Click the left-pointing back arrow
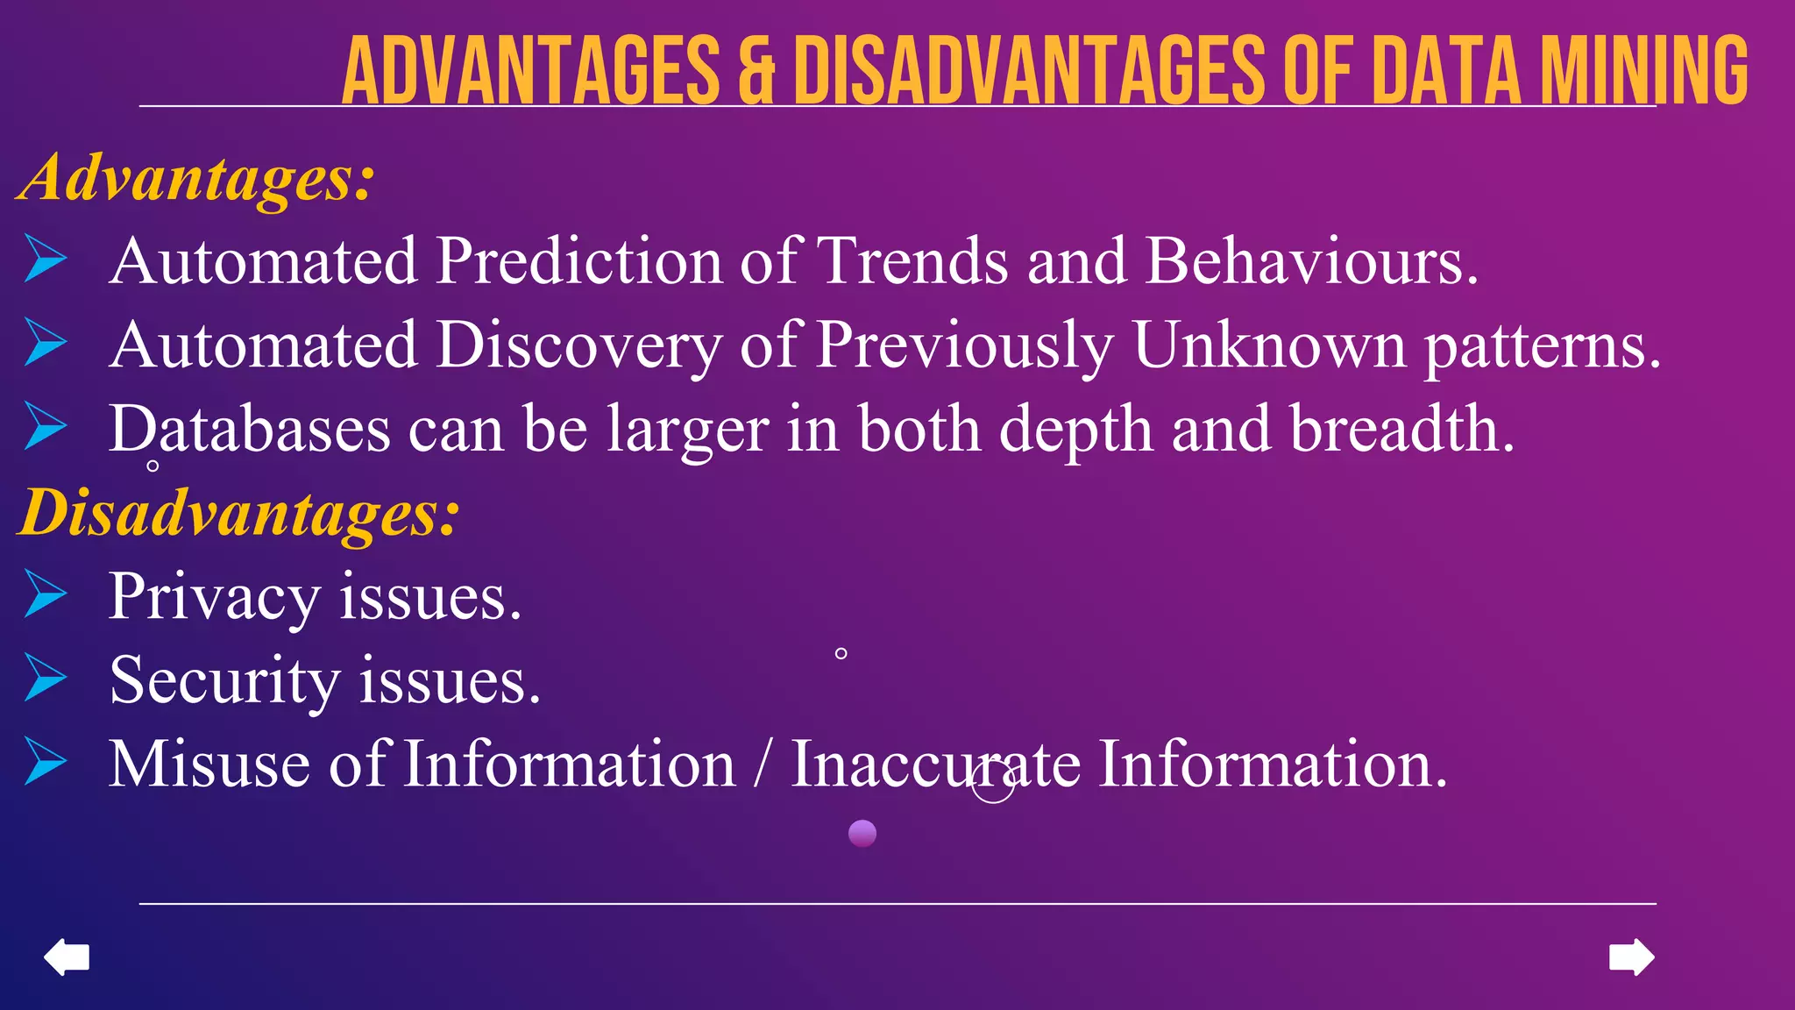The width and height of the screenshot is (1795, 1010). [67, 957]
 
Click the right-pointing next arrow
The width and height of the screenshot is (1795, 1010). [1631, 957]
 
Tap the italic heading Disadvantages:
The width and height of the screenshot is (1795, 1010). [238, 513]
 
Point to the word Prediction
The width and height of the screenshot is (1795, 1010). [579, 261]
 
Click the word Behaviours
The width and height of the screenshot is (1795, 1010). [1311, 261]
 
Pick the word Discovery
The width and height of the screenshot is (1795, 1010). [579, 345]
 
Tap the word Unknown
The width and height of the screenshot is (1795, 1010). [1269, 345]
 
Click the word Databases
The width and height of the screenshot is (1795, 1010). [250, 430]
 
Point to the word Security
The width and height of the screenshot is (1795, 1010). [224, 681]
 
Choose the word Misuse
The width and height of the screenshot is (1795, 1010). [209, 765]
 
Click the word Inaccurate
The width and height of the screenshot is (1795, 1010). [935, 765]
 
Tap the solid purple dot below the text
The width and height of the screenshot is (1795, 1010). [862, 833]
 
